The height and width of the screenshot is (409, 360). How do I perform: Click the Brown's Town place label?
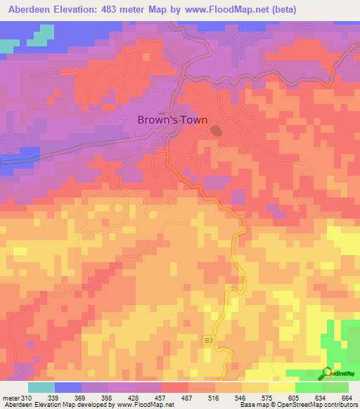tap(172, 119)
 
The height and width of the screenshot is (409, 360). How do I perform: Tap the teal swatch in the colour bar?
tap(41, 387)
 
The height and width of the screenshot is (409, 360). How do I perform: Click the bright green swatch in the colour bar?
tap(308, 387)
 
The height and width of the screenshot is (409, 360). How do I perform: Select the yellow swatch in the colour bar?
tap(255, 387)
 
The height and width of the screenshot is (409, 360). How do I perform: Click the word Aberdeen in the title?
tap(30, 10)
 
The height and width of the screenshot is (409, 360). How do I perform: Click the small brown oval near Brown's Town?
tap(216, 131)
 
